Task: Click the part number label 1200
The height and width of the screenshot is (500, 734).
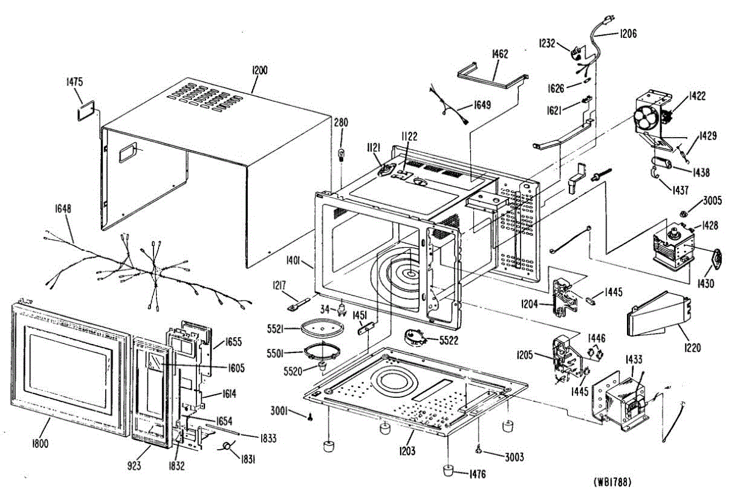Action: (x=259, y=70)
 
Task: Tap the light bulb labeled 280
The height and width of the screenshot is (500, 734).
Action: (x=341, y=154)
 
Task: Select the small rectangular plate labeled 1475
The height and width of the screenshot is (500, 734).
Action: (x=86, y=111)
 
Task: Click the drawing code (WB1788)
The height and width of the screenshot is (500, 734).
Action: (x=612, y=482)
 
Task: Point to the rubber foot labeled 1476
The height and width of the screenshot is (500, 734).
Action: (x=448, y=470)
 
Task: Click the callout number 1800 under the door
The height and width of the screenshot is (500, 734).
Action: (x=40, y=443)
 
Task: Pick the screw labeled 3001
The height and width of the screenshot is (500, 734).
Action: (x=310, y=417)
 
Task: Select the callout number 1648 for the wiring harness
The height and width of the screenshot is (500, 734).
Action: (x=62, y=209)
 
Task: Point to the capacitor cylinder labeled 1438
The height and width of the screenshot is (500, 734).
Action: (x=661, y=163)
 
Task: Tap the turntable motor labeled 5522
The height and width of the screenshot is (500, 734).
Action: (x=415, y=338)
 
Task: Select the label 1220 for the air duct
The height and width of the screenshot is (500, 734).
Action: (x=692, y=347)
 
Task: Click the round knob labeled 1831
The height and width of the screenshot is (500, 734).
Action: (x=226, y=446)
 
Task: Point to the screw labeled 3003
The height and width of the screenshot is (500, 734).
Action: (x=479, y=451)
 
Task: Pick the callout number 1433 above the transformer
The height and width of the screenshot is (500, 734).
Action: (x=634, y=359)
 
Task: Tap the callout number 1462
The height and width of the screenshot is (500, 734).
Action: (x=500, y=54)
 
